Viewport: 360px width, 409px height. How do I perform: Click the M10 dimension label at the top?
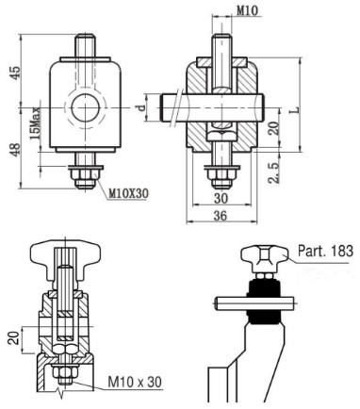tap(247, 10)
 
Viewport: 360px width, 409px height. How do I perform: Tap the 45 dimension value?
tap(16, 73)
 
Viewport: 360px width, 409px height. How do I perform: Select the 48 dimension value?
tap(16, 149)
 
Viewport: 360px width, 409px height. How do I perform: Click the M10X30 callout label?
tap(128, 193)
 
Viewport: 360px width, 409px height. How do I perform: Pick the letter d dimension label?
tap(142, 107)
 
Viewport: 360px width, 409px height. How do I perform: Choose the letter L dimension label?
tap(294, 110)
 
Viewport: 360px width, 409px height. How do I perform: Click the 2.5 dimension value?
tap(274, 172)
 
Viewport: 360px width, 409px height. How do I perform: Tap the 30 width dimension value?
tap(221, 198)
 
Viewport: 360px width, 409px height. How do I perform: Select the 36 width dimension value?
tap(221, 216)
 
